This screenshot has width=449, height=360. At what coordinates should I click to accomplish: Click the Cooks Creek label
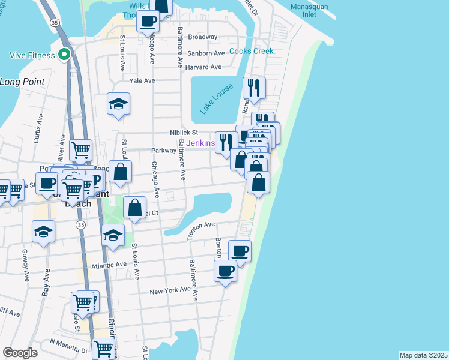[251, 52]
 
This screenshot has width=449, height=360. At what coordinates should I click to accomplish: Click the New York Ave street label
[170, 292]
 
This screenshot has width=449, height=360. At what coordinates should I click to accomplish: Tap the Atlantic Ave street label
[109, 264]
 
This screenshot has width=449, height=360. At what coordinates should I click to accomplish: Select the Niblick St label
[183, 132]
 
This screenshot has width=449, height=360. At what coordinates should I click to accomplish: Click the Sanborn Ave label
[205, 53]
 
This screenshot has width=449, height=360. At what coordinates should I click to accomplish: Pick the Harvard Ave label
[203, 67]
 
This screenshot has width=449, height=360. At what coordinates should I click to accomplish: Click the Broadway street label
[202, 37]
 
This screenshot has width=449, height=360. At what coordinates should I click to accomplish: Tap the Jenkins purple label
[200, 143]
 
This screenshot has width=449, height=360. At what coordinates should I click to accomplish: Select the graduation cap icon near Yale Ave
[119, 104]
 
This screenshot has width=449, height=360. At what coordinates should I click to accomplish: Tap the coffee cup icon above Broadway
[148, 22]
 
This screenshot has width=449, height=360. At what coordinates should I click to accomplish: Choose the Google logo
[20, 353]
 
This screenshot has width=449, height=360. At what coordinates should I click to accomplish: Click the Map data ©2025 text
[424, 355]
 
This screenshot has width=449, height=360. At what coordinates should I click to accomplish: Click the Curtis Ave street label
[39, 130]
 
